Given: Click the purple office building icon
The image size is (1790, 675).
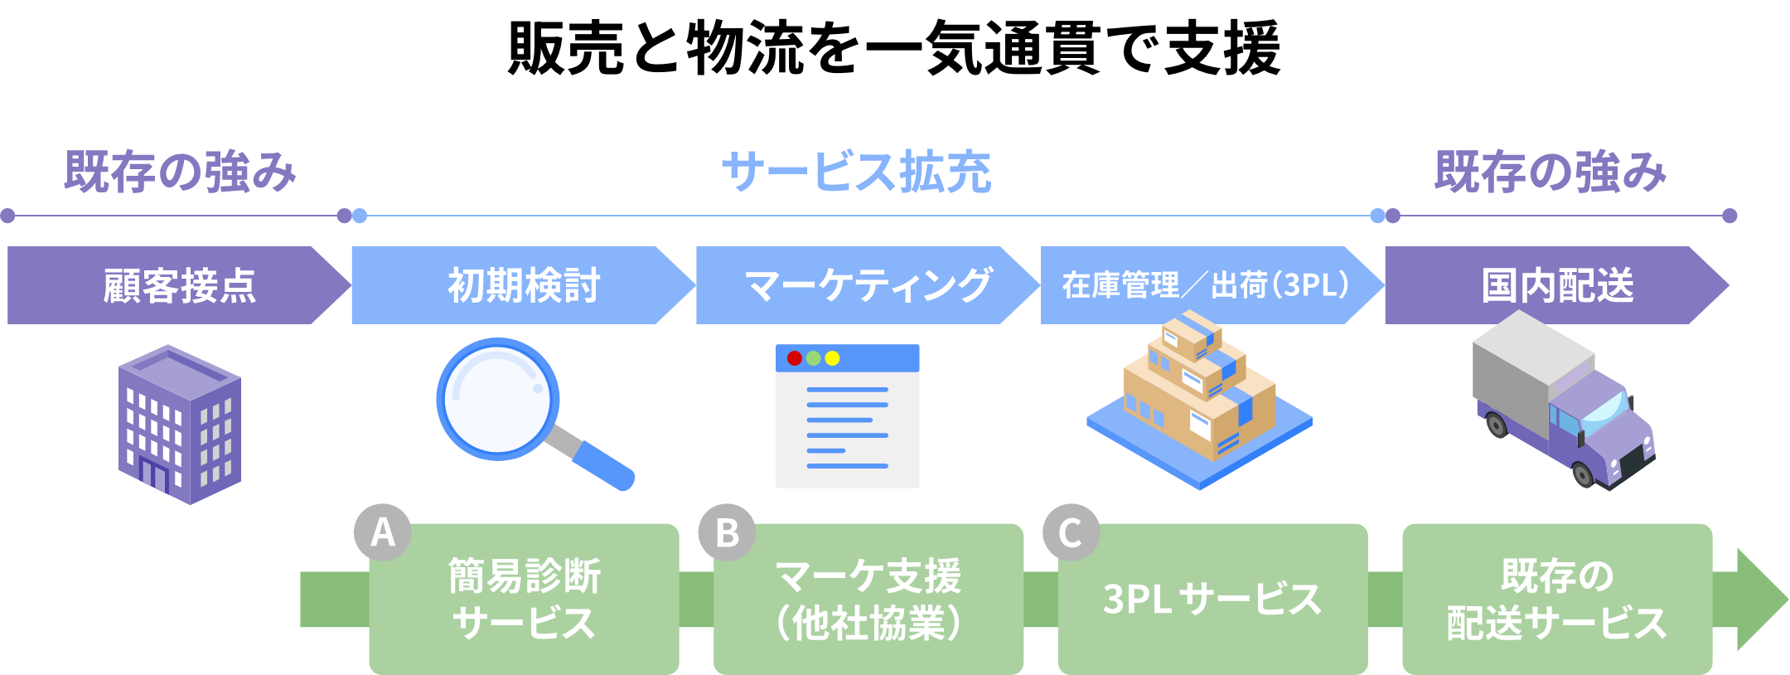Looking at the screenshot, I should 180,425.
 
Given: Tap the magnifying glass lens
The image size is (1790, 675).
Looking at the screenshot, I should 497,399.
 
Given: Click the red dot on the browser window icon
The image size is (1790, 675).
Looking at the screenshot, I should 794,358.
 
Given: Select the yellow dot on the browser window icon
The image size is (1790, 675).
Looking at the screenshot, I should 832,358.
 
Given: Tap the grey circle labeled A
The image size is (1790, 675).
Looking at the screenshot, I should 382,532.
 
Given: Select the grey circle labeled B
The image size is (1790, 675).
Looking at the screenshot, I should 727,532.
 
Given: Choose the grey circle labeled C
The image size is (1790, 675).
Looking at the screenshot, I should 1071,532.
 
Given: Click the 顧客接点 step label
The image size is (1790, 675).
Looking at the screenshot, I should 179,285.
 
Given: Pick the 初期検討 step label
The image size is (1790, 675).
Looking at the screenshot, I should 524,285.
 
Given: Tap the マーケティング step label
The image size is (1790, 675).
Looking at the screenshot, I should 868,285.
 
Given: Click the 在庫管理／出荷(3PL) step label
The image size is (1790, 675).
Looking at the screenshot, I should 1206,285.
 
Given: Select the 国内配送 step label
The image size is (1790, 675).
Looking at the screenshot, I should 1556,285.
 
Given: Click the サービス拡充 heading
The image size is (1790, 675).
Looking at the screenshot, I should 857,172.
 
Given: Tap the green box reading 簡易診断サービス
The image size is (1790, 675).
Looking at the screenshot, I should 524,600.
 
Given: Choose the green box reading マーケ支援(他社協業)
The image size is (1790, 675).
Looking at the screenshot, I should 868,600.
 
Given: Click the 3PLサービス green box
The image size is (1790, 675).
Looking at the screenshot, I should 1212,600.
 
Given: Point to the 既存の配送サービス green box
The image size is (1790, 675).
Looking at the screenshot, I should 1556,600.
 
